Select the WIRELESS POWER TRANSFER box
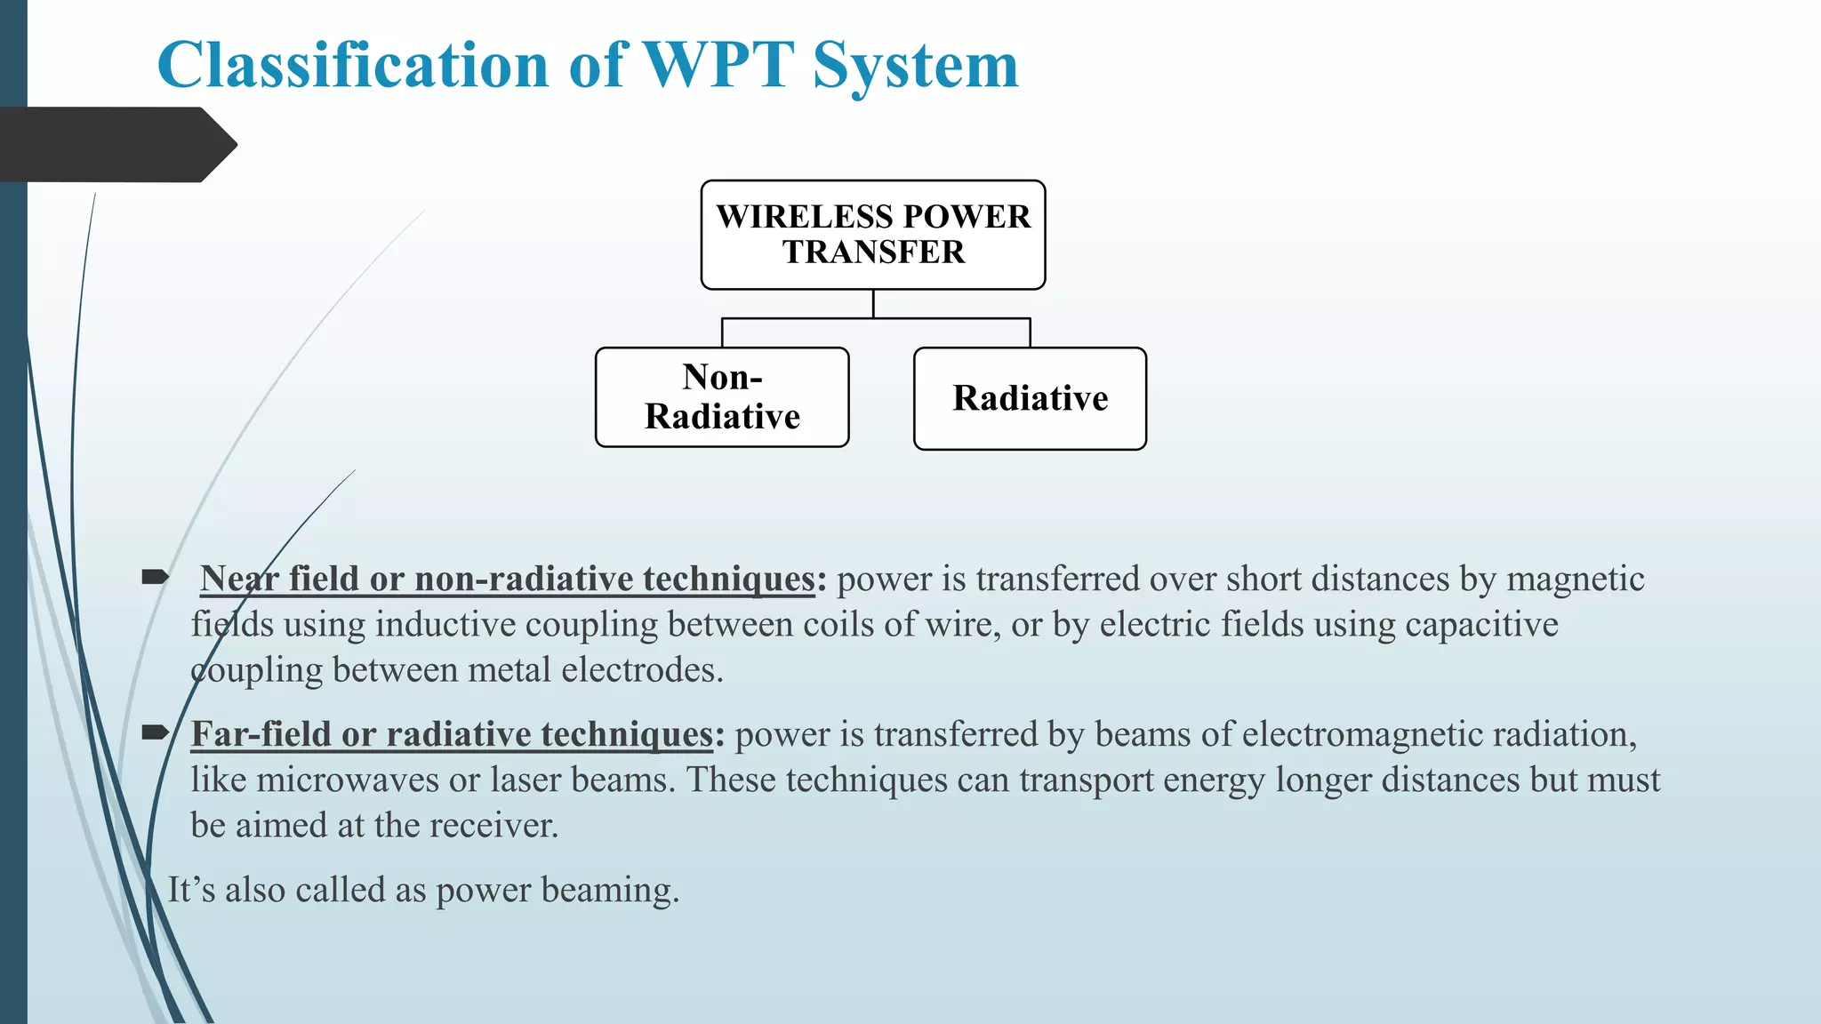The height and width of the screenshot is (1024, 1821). pyautogui.click(x=872, y=235)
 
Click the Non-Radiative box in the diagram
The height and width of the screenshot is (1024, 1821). pyautogui.click(x=722, y=397)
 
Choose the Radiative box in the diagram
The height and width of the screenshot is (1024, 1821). pyautogui.click(x=1030, y=398)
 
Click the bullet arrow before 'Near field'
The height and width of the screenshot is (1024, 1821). pyautogui.click(x=155, y=578)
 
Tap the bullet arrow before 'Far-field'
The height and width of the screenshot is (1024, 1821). pyautogui.click(x=155, y=732)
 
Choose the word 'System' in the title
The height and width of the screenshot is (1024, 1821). pyautogui.click(x=916, y=65)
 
